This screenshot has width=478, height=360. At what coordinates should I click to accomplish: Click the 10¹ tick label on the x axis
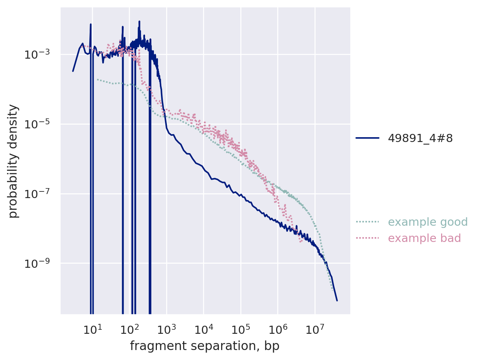point(92,329)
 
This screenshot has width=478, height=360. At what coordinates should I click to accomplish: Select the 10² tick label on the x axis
point(129,329)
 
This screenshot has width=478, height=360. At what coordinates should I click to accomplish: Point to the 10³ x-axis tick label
point(166,329)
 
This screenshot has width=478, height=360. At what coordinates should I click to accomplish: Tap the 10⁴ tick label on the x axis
point(203,329)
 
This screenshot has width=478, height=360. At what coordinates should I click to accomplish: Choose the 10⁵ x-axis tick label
point(241,329)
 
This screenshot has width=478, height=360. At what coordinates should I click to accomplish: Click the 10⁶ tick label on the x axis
point(278,329)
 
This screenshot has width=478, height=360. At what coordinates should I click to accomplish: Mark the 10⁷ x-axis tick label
point(315,329)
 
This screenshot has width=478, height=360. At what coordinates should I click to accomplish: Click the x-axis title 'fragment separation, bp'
point(204,346)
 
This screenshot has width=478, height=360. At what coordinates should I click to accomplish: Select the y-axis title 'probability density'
point(13,161)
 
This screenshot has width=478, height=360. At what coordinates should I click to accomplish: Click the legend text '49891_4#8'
point(420,138)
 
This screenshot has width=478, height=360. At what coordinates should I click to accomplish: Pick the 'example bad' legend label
point(424,238)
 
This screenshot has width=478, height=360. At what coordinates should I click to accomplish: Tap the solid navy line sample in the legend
point(367,138)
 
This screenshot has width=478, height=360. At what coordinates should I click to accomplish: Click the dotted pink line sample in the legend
point(367,238)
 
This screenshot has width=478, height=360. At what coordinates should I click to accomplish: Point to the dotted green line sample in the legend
point(367,222)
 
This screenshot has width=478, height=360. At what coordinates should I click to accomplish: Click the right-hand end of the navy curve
point(337,300)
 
